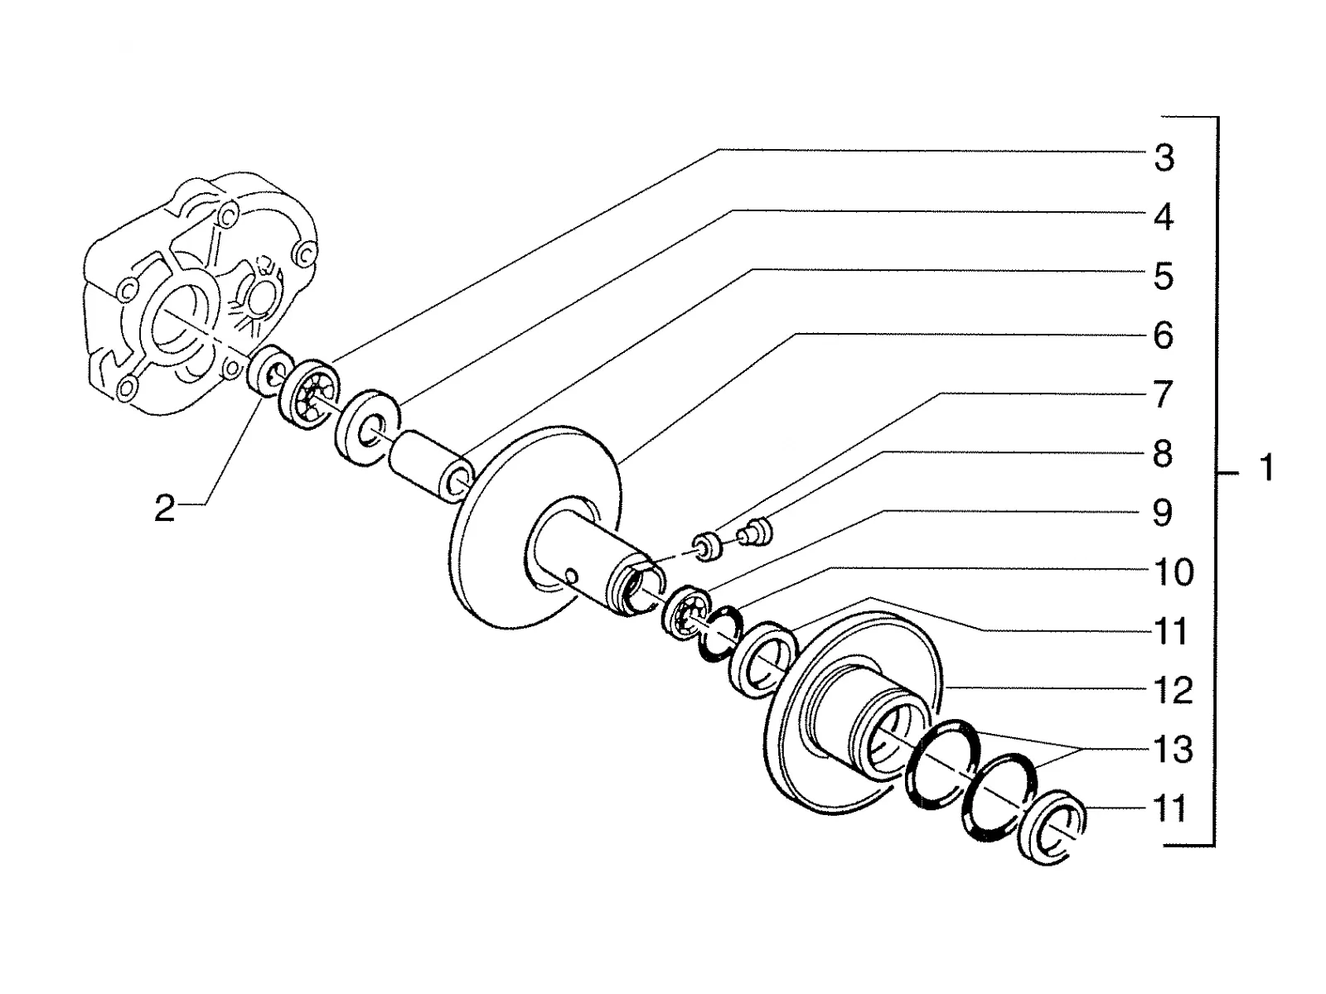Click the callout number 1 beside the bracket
(1267, 468)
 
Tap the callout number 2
(165, 508)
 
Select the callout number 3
(1164, 158)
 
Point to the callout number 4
(1164, 217)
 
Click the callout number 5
(1164, 277)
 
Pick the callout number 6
(1164, 335)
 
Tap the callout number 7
(1164, 393)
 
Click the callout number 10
(1174, 572)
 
